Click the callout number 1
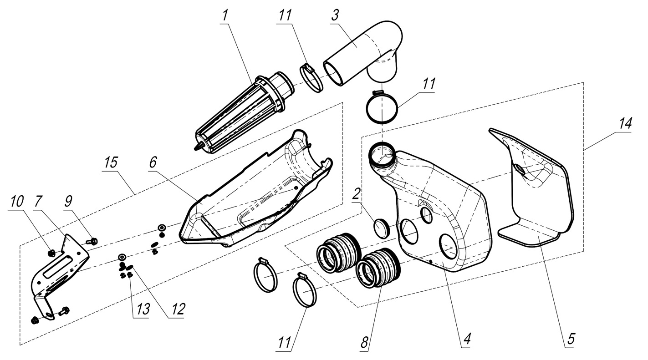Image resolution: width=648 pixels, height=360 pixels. (224, 15)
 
